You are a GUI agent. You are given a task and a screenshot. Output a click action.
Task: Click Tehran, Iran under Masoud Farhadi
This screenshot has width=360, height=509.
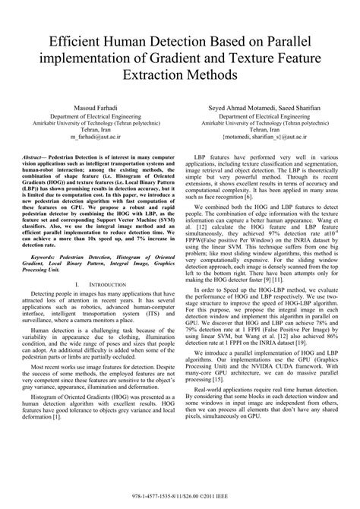point(96,129)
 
